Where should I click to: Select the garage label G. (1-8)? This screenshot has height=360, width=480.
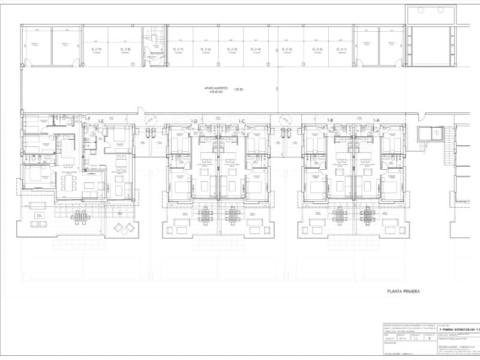tap(125, 49)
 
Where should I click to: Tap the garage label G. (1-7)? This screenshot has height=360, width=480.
tap(178, 49)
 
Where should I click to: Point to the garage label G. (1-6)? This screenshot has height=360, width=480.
tap(206, 49)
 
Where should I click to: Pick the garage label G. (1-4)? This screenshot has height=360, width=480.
tap(256, 49)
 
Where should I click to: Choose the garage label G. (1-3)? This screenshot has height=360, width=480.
tap(289, 49)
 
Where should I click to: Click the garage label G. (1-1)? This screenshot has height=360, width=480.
tap(341, 49)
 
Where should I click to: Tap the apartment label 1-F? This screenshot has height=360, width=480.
tap(88, 121)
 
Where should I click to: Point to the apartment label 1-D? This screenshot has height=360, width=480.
tap(194, 121)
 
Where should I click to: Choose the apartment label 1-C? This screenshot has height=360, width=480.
tap(242, 121)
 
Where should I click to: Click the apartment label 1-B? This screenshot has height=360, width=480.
tap(330, 121)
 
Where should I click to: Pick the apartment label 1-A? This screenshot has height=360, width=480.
tap(377, 121)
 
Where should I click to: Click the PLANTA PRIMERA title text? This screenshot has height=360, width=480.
tap(403, 291)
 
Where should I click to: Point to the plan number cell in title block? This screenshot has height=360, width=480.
tap(430, 338)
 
